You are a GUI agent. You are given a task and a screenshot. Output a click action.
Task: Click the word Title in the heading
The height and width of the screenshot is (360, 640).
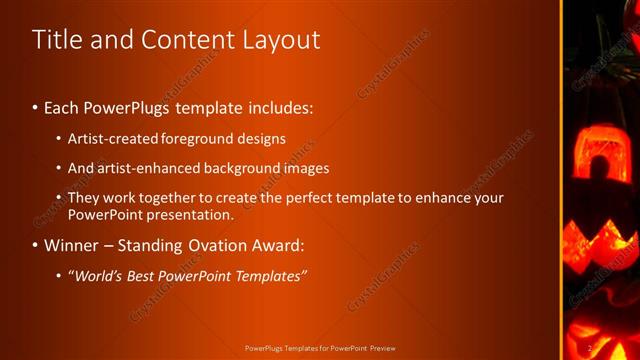55,40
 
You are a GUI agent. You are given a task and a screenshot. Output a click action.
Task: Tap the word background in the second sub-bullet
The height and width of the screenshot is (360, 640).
245,168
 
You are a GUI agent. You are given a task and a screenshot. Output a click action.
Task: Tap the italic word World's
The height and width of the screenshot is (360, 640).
96,276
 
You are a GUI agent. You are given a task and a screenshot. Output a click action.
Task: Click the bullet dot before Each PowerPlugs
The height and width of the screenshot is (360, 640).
36,106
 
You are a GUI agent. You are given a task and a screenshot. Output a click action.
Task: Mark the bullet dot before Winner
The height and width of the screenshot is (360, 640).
36,245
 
